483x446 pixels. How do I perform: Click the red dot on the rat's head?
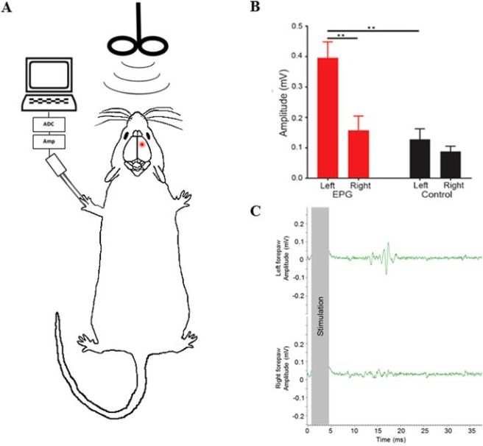pos(141,144)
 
